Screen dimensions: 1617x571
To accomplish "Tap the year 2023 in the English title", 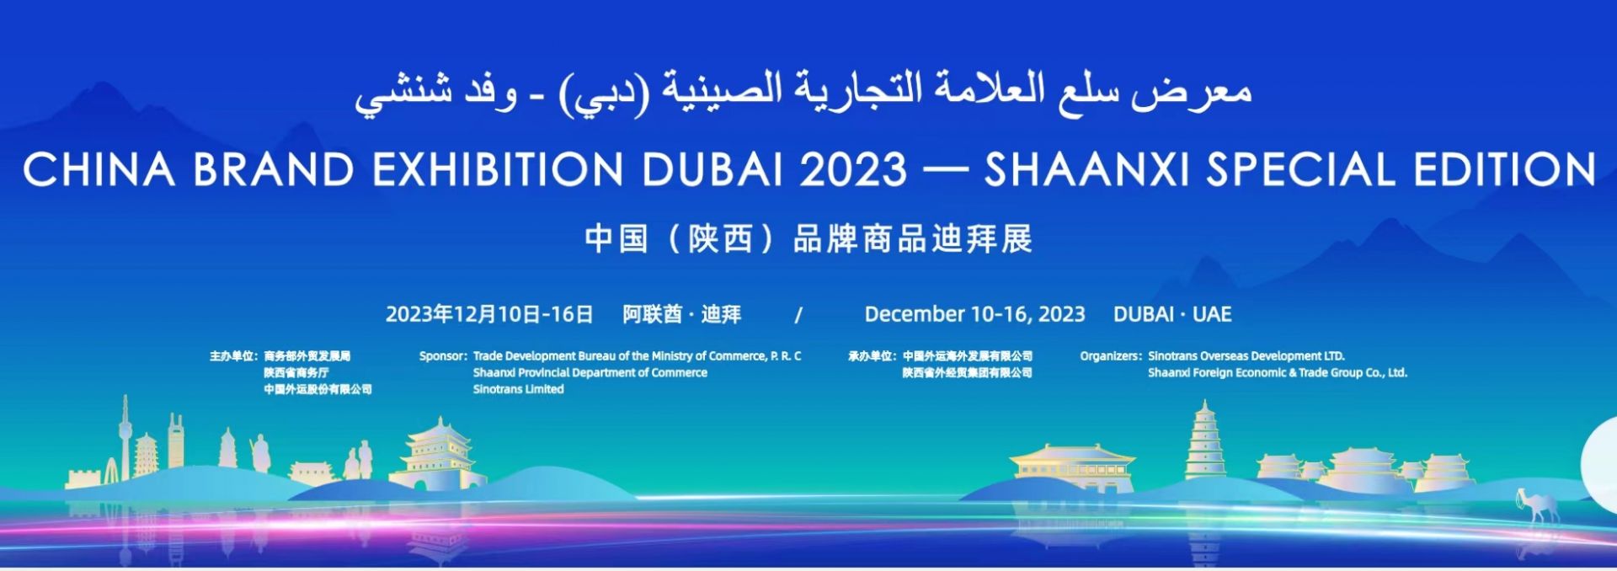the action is (x=853, y=169).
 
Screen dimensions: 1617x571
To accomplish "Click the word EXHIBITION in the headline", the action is (x=498, y=169).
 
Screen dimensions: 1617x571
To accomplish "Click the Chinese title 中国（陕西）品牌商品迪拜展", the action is (x=808, y=239).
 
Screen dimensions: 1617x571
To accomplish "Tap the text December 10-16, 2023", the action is (x=974, y=314).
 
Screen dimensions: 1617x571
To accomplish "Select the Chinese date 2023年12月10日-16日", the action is (x=489, y=314).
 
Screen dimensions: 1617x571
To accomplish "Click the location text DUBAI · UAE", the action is (x=1172, y=314).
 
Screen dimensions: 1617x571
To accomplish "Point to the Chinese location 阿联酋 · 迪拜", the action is (x=682, y=314).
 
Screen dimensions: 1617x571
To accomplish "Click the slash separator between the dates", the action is (x=798, y=315).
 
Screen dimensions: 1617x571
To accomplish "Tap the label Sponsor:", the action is (x=443, y=356).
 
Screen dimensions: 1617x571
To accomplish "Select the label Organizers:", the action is (x=1111, y=356).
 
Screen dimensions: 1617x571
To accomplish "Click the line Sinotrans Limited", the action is (x=518, y=389).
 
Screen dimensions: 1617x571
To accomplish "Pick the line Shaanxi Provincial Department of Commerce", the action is (x=590, y=372).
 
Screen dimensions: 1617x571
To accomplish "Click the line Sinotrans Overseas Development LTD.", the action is (x=1246, y=356).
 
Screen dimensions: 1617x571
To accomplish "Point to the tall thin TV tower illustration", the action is (x=125, y=438).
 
